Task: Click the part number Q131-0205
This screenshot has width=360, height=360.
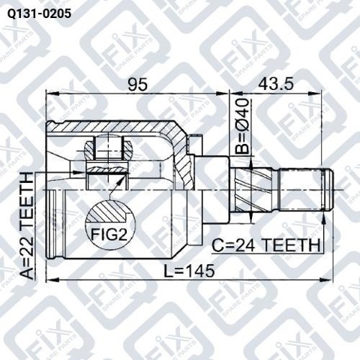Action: (x=39, y=14)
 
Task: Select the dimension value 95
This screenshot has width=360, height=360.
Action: (x=137, y=85)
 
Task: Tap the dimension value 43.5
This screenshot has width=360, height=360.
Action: (x=276, y=84)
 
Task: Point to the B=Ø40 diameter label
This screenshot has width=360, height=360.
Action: (x=242, y=126)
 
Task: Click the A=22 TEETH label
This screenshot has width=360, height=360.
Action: (x=26, y=226)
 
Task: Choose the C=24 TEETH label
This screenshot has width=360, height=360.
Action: (x=266, y=245)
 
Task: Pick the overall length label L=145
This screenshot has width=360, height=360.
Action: (x=189, y=271)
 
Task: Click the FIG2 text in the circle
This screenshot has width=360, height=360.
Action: (x=109, y=235)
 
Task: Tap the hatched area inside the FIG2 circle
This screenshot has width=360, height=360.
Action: (x=107, y=211)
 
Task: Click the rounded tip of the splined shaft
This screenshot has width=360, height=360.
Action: (x=329, y=190)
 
